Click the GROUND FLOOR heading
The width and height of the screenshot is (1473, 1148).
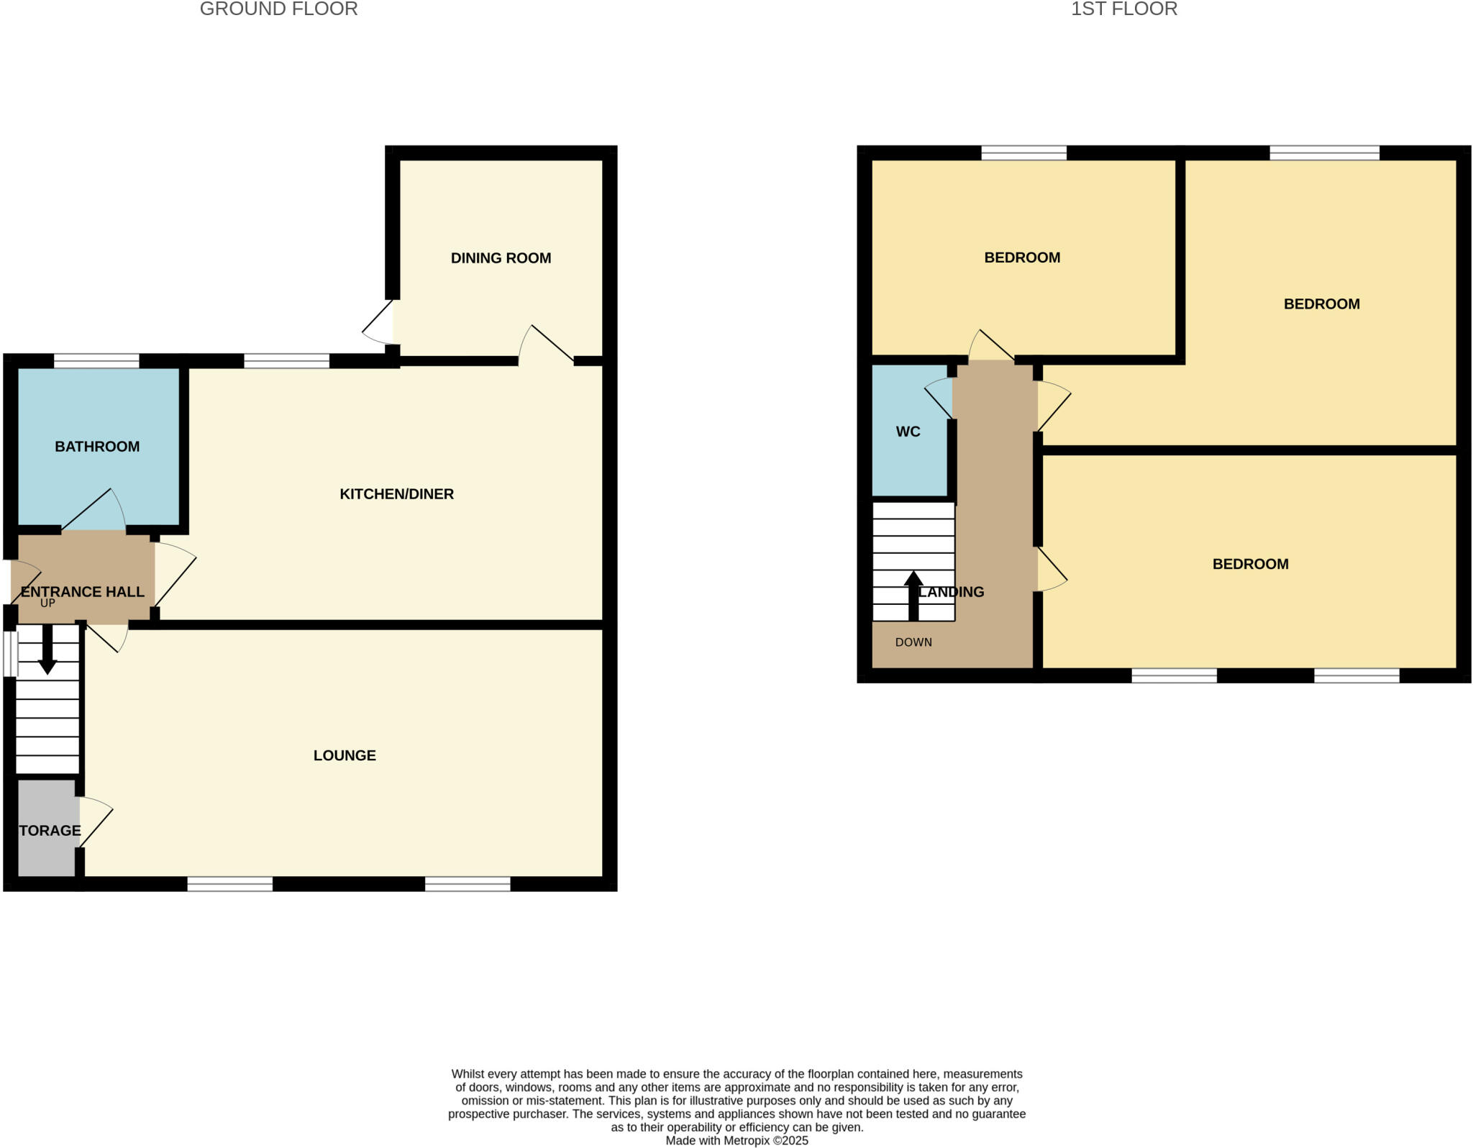[x=278, y=9]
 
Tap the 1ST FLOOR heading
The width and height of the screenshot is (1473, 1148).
[x=1123, y=9]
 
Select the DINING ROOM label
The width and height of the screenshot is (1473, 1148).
[x=501, y=258]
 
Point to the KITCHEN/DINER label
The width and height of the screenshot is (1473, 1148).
[x=396, y=494]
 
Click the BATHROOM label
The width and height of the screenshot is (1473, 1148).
[x=97, y=447]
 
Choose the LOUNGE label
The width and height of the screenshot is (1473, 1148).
[x=345, y=755]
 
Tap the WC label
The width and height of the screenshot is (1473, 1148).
[x=908, y=432]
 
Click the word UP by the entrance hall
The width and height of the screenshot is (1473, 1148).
[x=47, y=603]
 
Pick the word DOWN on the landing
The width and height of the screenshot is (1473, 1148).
[x=913, y=642]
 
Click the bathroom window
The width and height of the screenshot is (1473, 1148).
[x=96, y=361]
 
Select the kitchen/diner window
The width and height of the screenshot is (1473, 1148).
[x=286, y=361]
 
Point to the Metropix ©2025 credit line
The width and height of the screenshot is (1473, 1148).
[x=736, y=1141]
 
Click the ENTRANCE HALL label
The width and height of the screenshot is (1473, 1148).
[x=83, y=592]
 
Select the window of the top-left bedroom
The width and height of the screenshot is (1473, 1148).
[x=1023, y=152]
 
